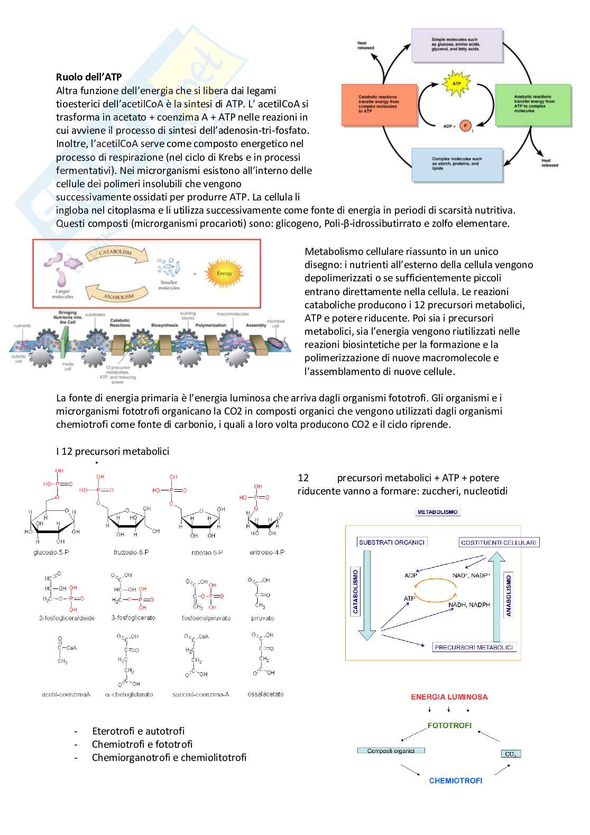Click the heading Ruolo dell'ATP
(x=89, y=77)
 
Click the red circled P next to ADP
(x=465, y=125)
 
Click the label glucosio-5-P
(x=51, y=553)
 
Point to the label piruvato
(x=263, y=618)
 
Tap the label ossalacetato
(x=265, y=694)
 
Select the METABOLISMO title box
(x=438, y=512)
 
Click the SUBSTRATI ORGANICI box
(x=392, y=542)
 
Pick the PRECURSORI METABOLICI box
(x=474, y=647)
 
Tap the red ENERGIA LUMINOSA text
(x=449, y=697)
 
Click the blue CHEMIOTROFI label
(x=456, y=781)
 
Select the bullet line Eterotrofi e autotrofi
(x=138, y=731)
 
